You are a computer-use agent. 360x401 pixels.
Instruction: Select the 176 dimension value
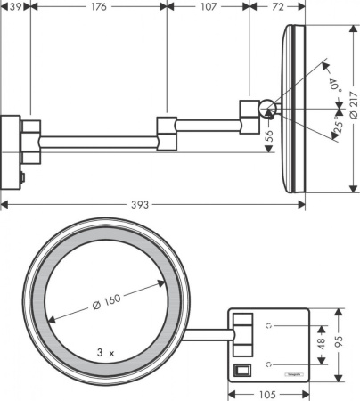98,7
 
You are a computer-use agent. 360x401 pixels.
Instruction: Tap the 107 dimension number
209,7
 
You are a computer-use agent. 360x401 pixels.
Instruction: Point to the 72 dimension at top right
277,7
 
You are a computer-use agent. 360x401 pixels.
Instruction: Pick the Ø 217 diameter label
353,105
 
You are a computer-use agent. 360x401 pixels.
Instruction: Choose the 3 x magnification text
106,353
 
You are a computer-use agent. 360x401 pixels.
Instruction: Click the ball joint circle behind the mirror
266,109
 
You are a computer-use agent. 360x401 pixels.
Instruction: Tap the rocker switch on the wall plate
241,368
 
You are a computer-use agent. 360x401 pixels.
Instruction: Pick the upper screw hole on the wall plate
272,325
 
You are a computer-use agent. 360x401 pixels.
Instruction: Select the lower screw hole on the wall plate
272,364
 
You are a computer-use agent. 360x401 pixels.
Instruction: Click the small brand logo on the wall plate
293,374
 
